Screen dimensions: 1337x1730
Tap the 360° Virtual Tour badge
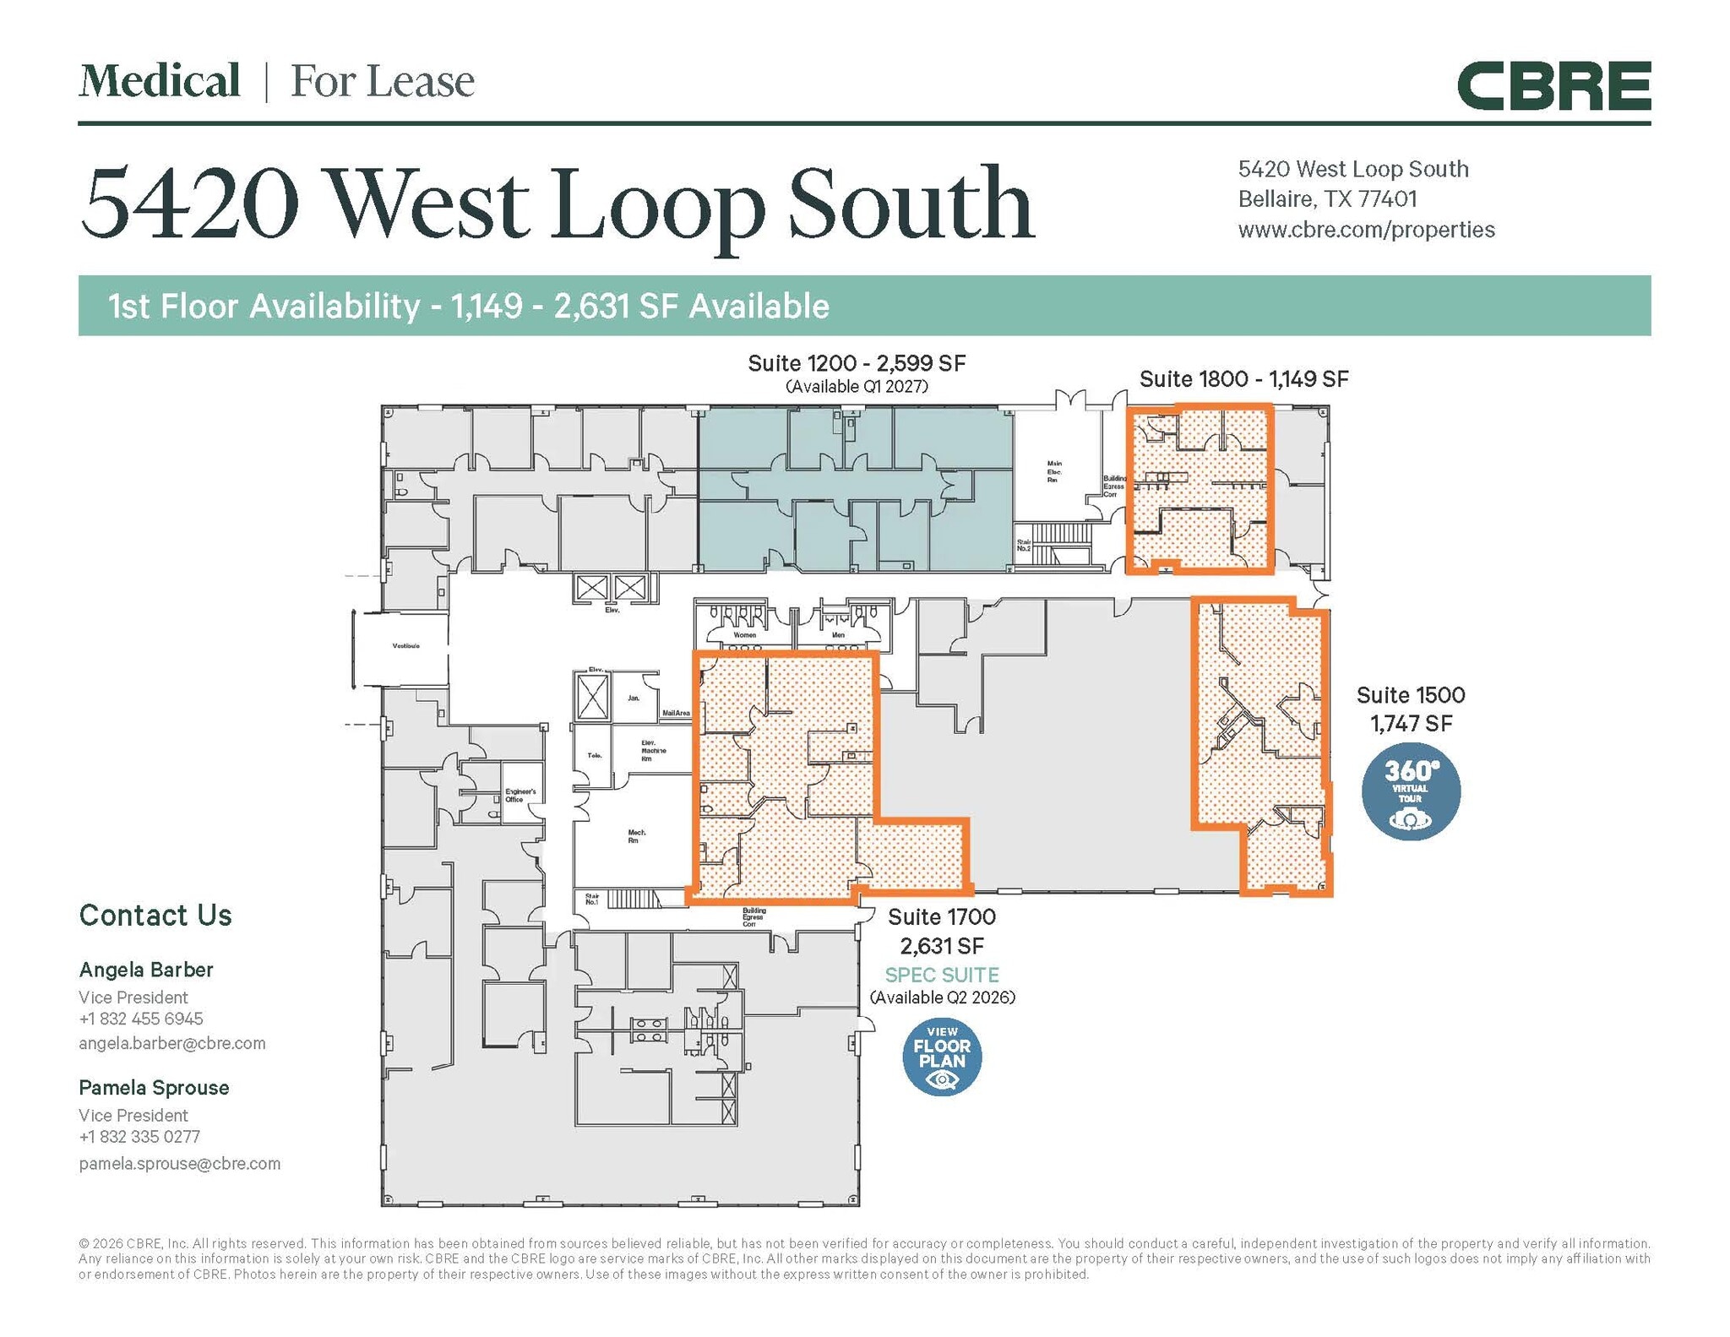[x=1410, y=791]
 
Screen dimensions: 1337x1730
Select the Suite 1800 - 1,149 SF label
[x=1243, y=379]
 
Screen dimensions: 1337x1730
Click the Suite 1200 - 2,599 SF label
[x=857, y=363]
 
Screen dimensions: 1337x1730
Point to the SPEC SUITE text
[x=942, y=975]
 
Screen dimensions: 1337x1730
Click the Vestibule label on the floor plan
[x=405, y=646]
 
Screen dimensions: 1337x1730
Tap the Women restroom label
[x=745, y=635]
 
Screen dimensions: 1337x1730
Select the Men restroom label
[x=838, y=635]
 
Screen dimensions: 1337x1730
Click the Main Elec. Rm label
[x=1054, y=471]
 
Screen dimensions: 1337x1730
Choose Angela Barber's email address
[x=172, y=1043]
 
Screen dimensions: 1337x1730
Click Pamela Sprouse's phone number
[x=139, y=1137]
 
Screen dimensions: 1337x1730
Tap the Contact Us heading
[x=155, y=916]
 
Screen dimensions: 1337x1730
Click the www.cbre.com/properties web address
[x=1366, y=230]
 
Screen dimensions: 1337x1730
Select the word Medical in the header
[x=160, y=81]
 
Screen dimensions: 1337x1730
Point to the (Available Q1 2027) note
[x=857, y=387]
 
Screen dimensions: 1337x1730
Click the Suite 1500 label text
[x=1410, y=695]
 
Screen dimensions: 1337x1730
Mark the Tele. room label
[x=595, y=755]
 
